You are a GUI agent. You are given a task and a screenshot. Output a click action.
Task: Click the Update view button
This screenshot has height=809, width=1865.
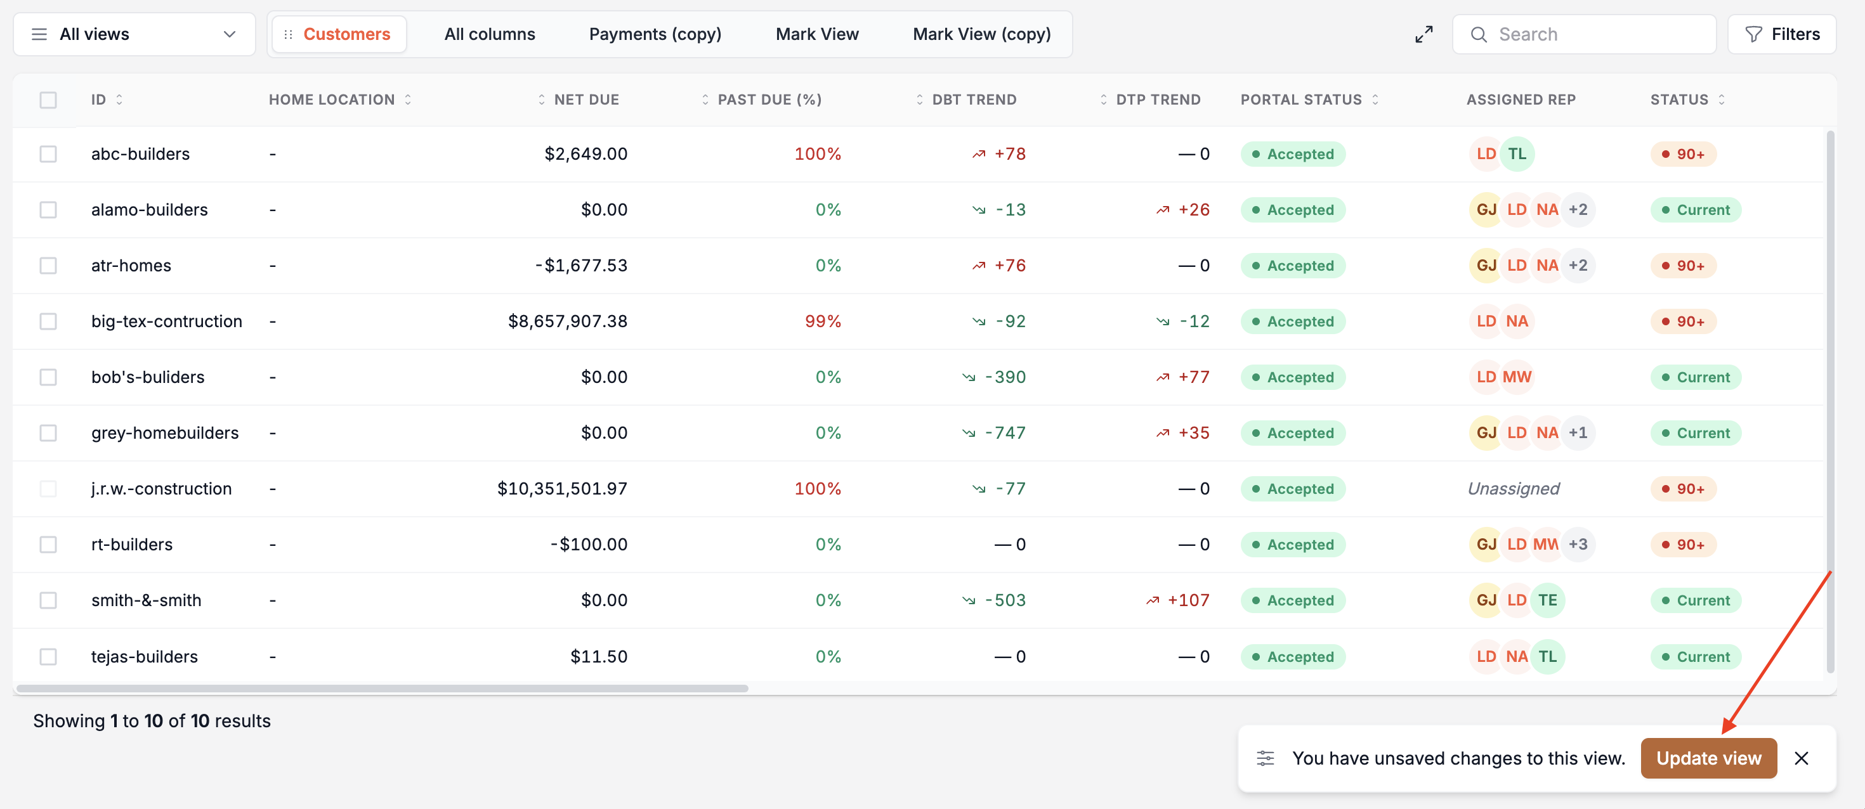point(1708,758)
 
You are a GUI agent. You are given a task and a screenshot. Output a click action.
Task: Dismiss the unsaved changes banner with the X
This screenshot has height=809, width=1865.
point(1802,758)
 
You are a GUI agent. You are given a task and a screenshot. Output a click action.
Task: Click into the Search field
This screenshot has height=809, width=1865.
point(1584,34)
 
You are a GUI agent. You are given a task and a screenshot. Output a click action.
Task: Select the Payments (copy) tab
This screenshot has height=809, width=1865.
point(655,34)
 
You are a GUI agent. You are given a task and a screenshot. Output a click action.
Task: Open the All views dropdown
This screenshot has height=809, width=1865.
point(134,34)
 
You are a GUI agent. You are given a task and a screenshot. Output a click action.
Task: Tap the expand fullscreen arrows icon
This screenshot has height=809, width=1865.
point(1423,34)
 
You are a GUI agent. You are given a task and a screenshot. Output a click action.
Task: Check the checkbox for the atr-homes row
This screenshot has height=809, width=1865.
point(48,266)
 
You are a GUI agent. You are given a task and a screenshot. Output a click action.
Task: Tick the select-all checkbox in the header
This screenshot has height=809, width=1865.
point(48,100)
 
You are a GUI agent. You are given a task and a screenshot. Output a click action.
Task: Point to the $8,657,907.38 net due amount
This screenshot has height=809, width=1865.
point(568,321)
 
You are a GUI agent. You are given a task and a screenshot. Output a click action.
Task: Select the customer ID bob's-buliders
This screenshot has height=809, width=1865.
point(148,377)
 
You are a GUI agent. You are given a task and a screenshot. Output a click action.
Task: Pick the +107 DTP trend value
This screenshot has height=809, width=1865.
point(1178,600)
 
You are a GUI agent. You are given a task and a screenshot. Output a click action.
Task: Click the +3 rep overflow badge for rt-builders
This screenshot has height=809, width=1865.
point(1578,544)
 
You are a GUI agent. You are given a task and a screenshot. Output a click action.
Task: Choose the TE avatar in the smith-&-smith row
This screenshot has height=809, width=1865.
point(1547,600)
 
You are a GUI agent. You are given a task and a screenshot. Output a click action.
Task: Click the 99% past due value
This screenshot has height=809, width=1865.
point(823,321)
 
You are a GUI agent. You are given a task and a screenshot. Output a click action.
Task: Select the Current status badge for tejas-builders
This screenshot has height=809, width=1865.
point(1696,656)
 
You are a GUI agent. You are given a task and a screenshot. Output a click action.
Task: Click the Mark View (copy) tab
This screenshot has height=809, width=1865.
point(982,34)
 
